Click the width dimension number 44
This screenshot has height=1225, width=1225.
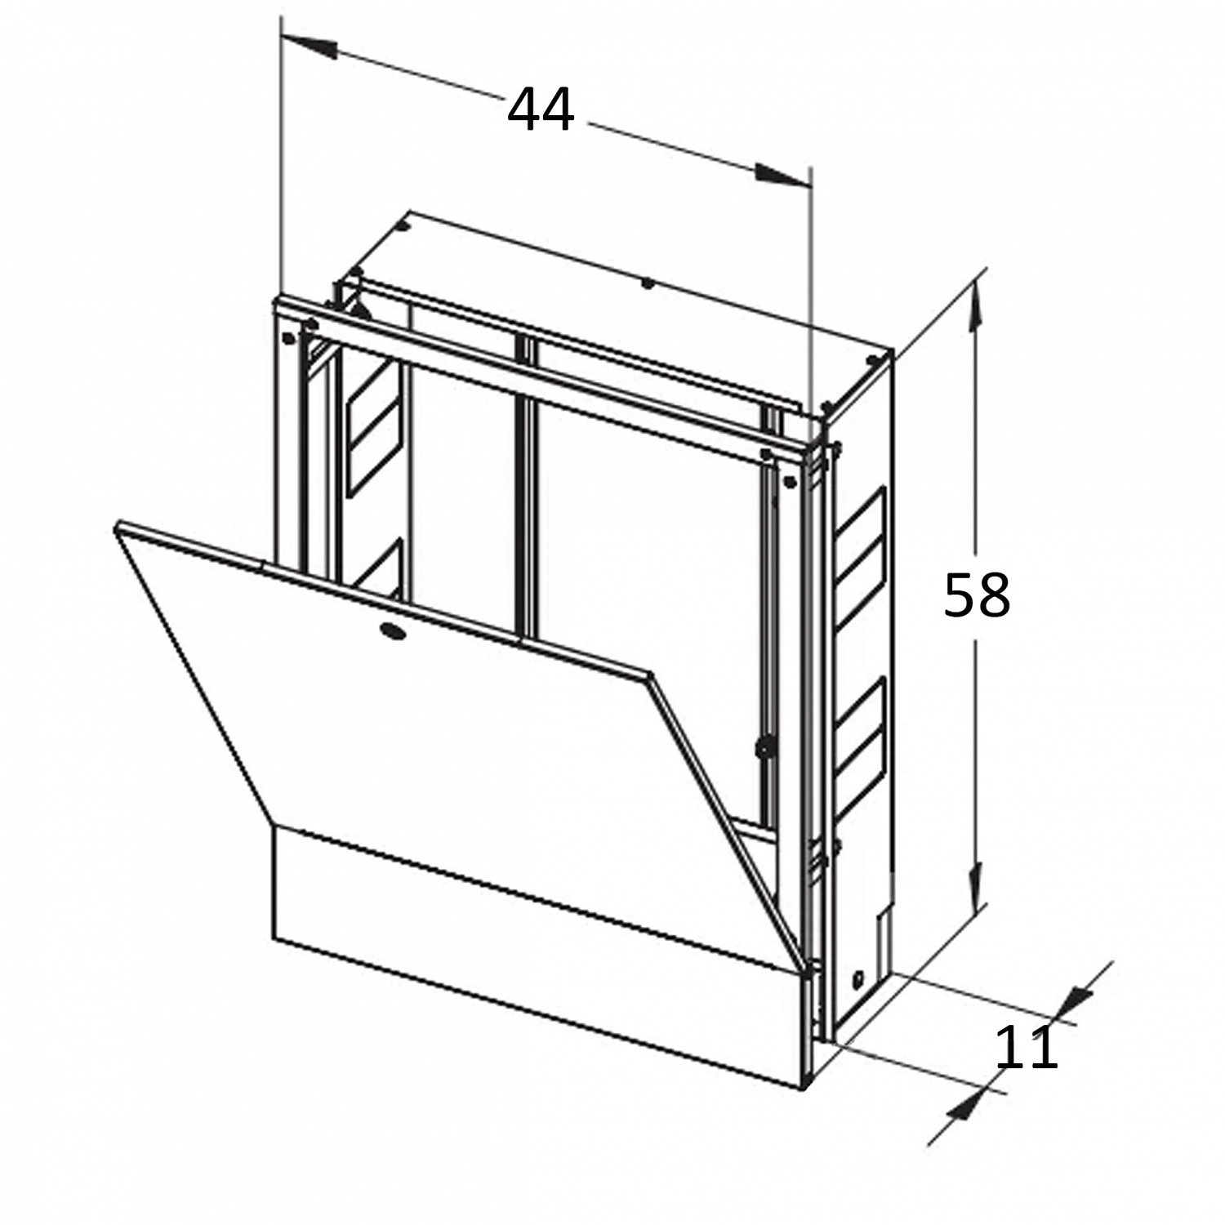click(x=541, y=111)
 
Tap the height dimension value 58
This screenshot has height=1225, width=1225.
click(x=977, y=595)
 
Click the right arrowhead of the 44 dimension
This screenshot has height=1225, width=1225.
click(x=783, y=175)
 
